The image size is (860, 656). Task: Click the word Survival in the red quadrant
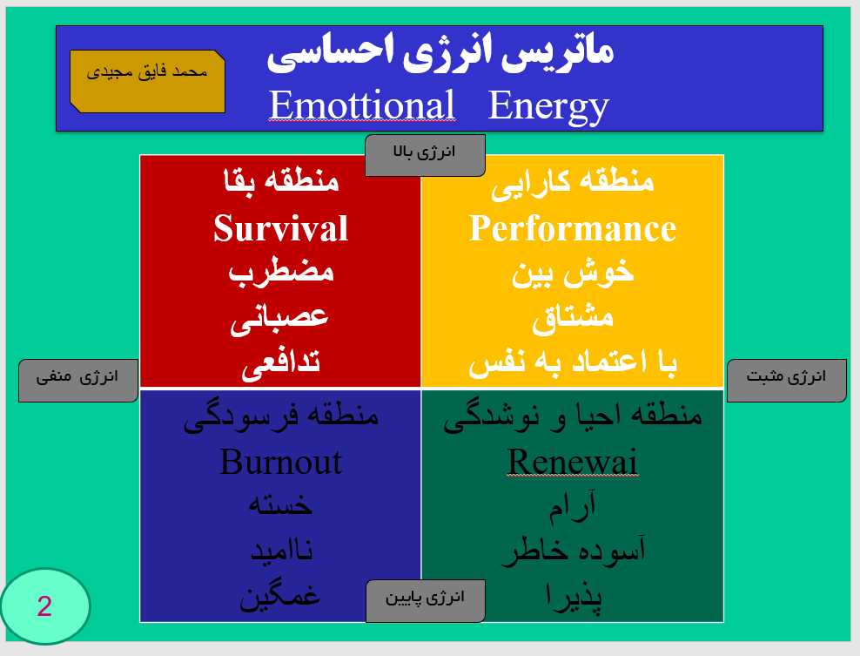click(x=280, y=228)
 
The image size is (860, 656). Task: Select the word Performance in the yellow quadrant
click(x=572, y=228)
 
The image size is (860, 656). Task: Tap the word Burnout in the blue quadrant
click(x=280, y=461)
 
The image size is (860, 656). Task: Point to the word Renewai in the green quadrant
click(x=572, y=461)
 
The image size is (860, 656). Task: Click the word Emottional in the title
click(x=361, y=105)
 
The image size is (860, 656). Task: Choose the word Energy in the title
click(x=548, y=105)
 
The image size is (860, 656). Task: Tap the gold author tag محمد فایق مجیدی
click(x=147, y=73)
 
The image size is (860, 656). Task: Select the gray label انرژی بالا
click(x=425, y=152)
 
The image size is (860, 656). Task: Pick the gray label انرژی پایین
click(x=425, y=599)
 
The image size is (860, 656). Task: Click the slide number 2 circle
click(x=44, y=606)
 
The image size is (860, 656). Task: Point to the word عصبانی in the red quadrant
click(x=280, y=317)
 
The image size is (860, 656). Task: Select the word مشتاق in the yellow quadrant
click(x=572, y=317)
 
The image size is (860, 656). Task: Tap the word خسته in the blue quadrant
click(x=280, y=505)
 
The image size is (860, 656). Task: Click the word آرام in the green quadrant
click(x=572, y=505)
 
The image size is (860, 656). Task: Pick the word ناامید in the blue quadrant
click(x=280, y=551)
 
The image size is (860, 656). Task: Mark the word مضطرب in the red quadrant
click(x=280, y=272)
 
